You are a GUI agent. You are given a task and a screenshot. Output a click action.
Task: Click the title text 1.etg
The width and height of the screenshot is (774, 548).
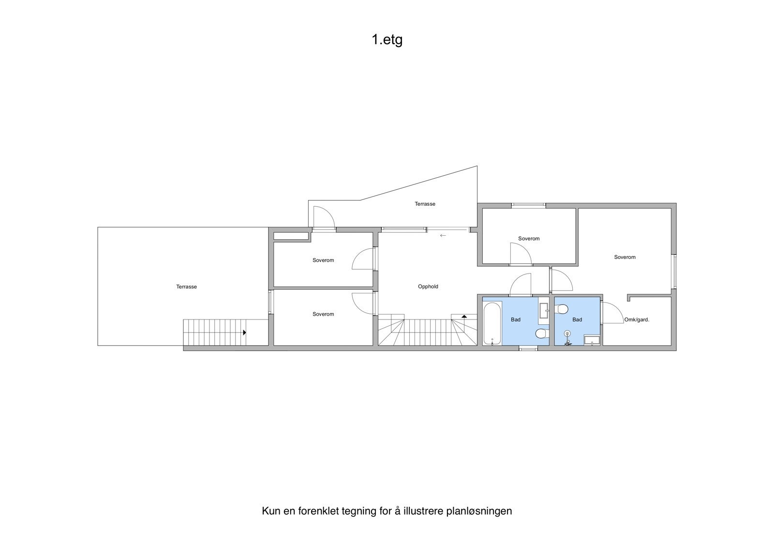387,40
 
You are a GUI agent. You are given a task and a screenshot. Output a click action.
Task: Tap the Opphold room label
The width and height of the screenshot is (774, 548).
428,287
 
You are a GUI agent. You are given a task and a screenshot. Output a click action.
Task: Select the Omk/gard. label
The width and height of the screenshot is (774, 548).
637,320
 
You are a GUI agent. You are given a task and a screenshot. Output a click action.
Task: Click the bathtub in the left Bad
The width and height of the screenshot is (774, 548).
492,323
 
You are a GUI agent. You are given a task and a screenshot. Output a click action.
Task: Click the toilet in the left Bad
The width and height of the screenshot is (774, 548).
542,333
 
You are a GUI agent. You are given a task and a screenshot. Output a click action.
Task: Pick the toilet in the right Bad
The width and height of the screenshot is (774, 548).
562,309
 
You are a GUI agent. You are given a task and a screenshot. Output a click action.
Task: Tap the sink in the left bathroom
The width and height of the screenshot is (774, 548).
544,310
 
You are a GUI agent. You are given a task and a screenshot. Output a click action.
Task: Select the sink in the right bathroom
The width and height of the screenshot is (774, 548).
592,340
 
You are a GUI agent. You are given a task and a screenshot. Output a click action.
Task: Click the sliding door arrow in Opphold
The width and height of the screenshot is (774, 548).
443,236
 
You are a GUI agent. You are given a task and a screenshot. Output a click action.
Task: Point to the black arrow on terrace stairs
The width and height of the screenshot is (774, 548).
245,333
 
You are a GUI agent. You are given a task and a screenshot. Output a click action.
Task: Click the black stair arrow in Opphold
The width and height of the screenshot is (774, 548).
464,316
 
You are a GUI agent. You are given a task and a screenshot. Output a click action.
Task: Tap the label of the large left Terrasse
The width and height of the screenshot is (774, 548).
186,287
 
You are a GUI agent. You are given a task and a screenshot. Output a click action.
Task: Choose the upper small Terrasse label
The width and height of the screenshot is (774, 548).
425,204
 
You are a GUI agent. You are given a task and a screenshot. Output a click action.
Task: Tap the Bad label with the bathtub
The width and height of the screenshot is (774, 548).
516,320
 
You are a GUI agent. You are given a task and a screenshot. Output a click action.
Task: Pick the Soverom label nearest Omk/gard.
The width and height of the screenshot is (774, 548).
625,257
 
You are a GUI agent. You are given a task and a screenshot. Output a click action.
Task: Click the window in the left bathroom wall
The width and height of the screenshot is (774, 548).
528,348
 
